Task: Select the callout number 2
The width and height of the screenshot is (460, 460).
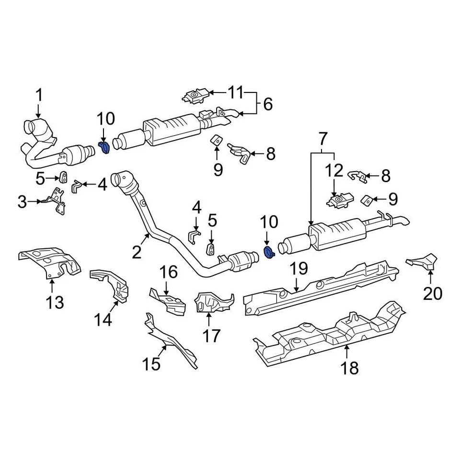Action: (137, 252)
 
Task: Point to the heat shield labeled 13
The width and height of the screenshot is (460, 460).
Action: (50, 262)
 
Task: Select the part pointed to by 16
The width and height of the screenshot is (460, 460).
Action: (170, 300)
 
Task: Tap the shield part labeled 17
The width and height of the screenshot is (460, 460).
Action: (211, 302)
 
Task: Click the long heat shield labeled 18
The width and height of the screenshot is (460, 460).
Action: (331, 333)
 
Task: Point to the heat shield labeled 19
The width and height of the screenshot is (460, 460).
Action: (321, 287)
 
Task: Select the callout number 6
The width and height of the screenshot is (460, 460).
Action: (267, 103)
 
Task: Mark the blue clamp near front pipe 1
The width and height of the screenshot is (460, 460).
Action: (104, 147)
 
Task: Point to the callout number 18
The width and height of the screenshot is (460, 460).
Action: (350, 368)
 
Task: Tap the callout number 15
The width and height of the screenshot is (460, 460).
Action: (151, 365)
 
